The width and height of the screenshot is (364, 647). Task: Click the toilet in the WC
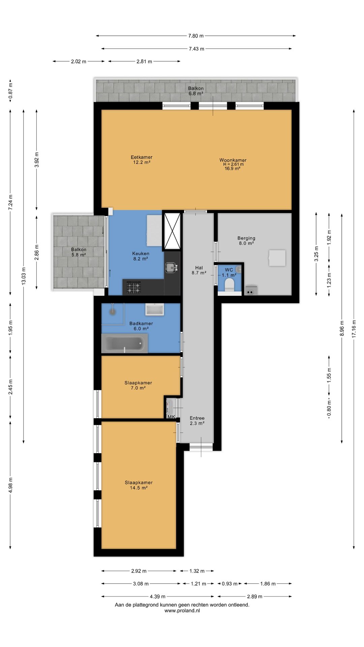point(230,285)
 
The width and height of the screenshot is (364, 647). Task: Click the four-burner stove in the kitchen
point(134,287)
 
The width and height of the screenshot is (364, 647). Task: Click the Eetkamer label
point(142,157)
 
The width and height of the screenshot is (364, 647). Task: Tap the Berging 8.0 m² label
point(246,241)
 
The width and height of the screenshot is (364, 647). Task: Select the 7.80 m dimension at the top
point(196,36)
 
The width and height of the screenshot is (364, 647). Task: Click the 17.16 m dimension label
point(354,329)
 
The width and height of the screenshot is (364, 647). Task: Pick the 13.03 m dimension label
point(24,276)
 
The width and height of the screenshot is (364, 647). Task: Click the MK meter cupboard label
point(171,417)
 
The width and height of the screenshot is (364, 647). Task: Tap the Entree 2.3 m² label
point(197,421)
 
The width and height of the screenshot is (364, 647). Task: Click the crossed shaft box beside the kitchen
point(172,231)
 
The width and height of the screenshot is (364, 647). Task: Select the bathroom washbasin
point(155,309)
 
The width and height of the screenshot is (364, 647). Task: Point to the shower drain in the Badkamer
point(112,312)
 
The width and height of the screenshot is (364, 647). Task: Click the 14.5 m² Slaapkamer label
point(139,485)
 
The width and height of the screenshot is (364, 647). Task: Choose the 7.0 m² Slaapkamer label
point(138,385)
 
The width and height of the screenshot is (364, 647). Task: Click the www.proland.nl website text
point(182,610)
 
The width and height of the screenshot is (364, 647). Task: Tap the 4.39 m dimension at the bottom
point(158,596)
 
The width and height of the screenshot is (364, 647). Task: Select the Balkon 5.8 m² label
point(79,252)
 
